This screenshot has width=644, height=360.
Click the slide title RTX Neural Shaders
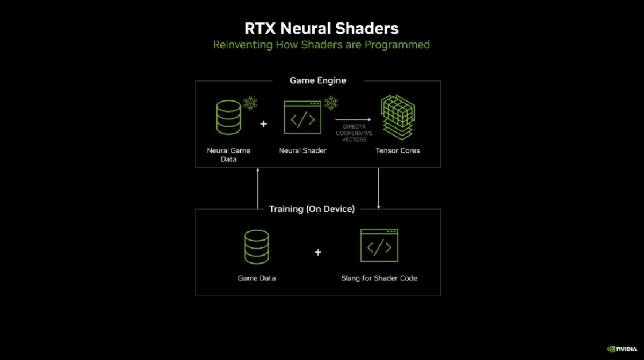point(321,28)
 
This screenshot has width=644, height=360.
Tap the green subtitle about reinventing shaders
point(321,45)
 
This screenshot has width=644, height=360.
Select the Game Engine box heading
point(318,80)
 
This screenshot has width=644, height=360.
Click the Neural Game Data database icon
point(228,118)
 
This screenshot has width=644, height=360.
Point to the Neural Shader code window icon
point(302,118)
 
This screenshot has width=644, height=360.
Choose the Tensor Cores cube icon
point(398,117)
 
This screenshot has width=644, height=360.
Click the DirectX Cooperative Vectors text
point(354,133)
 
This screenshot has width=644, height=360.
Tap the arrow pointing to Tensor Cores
point(353,119)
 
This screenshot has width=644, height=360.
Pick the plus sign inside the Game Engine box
point(263,123)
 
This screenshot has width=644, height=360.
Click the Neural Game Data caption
point(228,155)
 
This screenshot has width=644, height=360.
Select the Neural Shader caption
point(302,151)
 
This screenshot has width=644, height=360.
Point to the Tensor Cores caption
point(398,151)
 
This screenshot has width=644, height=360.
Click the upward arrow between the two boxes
point(258,189)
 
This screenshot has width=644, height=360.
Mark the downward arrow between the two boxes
point(379,189)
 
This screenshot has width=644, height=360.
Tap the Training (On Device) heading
point(312,209)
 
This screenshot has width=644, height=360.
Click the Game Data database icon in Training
point(257,246)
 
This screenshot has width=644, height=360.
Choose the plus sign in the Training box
point(318,252)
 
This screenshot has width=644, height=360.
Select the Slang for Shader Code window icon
point(379,245)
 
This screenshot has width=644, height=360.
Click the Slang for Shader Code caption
point(379,278)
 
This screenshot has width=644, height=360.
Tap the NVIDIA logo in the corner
point(622,349)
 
